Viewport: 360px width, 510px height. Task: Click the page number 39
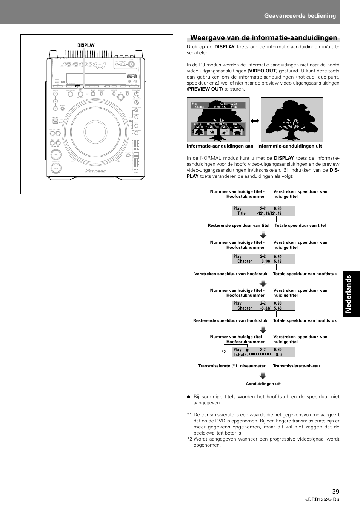point(335,491)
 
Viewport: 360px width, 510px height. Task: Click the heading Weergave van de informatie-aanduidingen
point(263,37)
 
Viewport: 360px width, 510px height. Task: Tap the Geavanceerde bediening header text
point(300,15)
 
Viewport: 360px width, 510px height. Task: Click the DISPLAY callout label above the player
point(86,45)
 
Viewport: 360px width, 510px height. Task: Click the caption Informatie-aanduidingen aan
point(220,146)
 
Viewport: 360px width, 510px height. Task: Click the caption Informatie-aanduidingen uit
point(289,146)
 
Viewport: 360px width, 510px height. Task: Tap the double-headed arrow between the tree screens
point(255,121)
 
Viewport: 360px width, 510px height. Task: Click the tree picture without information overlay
point(292,120)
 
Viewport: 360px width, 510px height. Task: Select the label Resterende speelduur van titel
point(238,225)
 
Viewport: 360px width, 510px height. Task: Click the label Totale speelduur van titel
point(300,225)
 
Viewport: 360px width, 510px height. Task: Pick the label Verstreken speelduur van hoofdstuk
point(231,274)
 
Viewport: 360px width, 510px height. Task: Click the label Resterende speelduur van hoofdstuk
point(230,320)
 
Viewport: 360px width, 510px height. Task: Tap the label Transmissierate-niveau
point(296,366)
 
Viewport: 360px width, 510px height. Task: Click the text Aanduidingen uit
point(263,384)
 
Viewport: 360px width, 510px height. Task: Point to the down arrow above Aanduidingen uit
point(263,376)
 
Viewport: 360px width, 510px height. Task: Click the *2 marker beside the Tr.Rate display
point(223,352)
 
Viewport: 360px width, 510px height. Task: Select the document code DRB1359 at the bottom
point(322,499)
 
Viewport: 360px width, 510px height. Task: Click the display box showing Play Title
point(263,211)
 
